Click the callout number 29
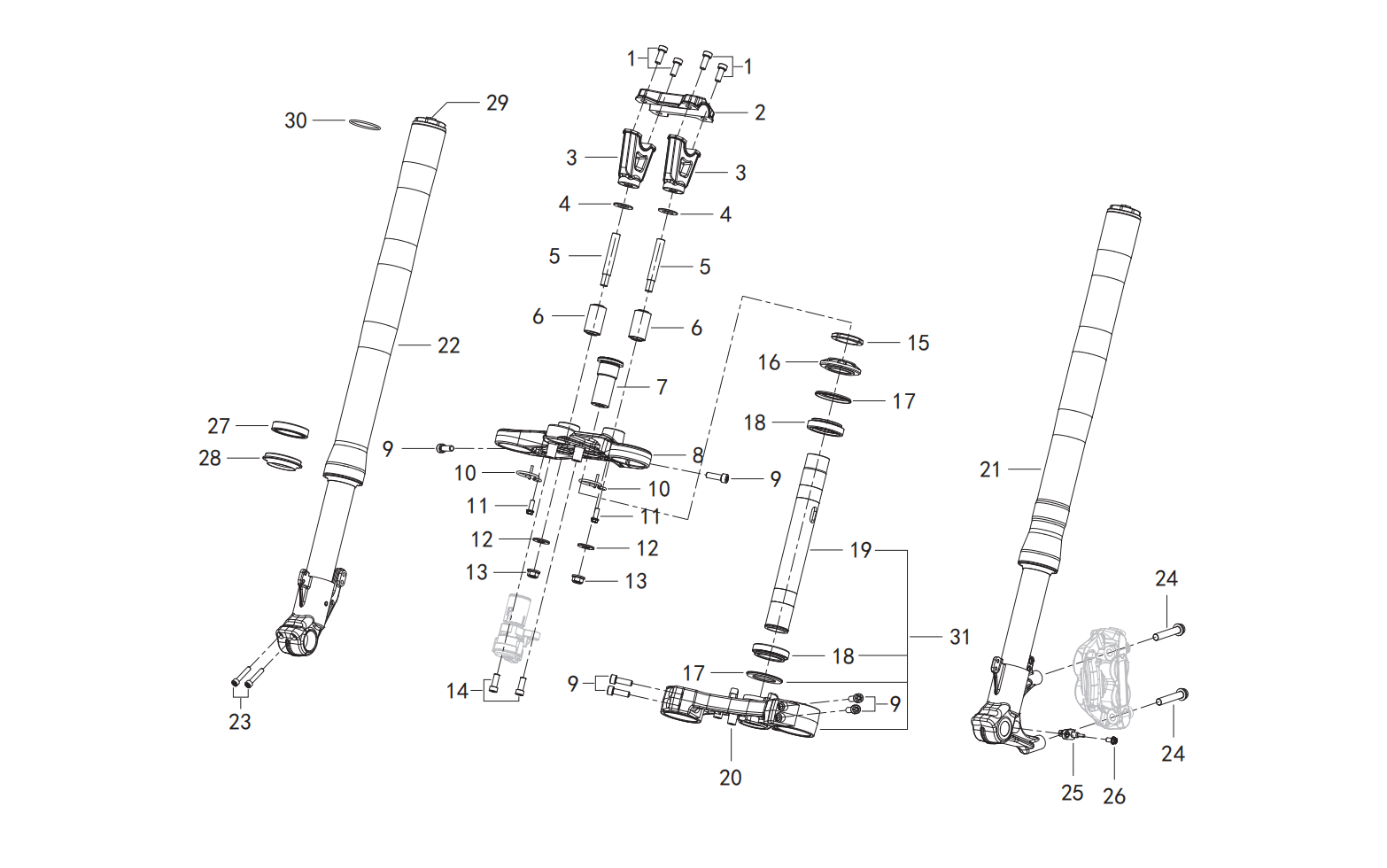(497, 103)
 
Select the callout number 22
(449, 345)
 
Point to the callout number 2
(760, 112)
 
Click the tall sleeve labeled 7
(604, 382)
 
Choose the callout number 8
(698, 455)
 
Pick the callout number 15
(918, 343)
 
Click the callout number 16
(769, 363)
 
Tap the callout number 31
(960, 637)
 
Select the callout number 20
(731, 778)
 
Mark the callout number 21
(990, 470)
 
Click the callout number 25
(1073, 793)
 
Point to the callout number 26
(1114, 796)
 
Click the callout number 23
(240, 722)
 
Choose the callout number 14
(458, 691)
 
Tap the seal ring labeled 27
(290, 429)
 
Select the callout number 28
(210, 458)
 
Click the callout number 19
(861, 550)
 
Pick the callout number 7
(662, 387)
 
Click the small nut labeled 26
(1113, 740)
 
